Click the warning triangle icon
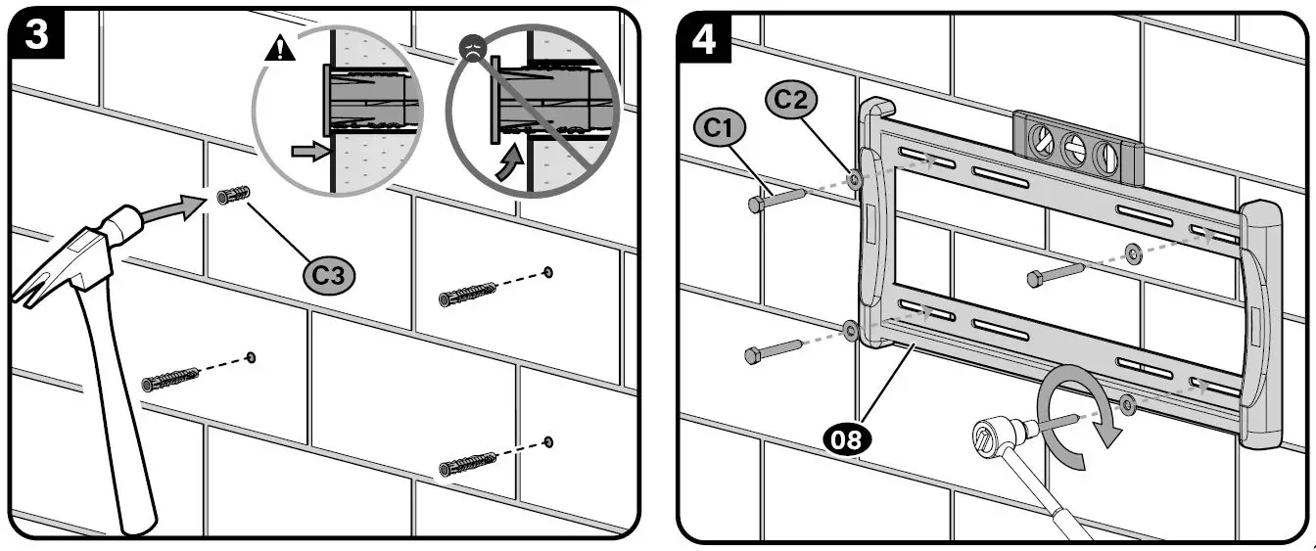(280, 49)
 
